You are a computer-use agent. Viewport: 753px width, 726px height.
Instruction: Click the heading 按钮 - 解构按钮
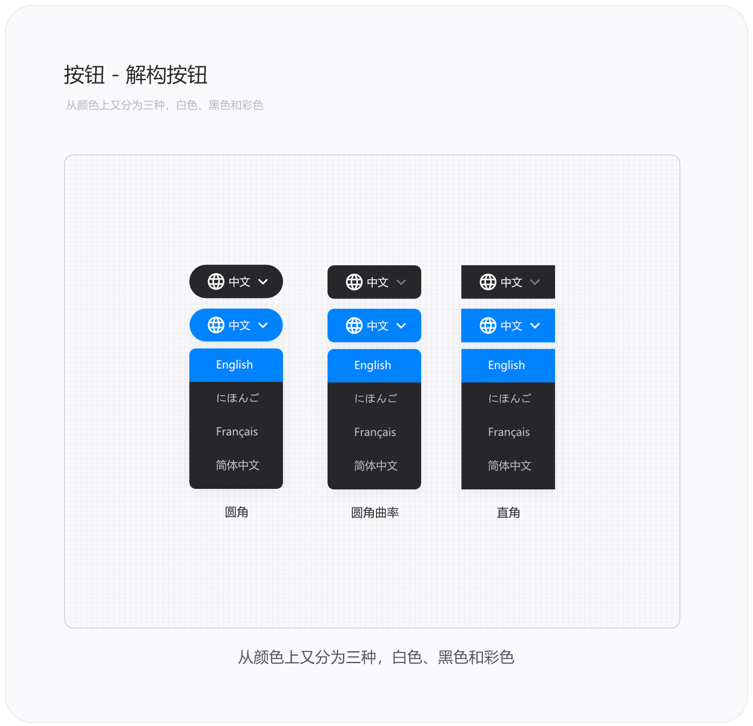(136, 75)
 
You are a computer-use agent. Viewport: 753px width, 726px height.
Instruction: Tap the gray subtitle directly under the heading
(165, 105)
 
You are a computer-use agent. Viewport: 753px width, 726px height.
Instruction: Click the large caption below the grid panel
(376, 657)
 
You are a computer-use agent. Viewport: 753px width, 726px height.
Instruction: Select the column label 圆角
(236, 512)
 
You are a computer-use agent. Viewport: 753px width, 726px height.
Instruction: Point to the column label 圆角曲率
(374, 513)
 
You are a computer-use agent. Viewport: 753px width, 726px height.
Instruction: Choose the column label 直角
(508, 513)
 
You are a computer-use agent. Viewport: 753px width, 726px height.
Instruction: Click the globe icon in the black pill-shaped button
(216, 281)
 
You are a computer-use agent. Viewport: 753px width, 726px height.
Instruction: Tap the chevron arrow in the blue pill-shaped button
(263, 325)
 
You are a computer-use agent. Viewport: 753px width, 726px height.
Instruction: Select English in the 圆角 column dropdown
(235, 365)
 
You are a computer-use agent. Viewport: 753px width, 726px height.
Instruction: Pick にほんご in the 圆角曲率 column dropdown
(375, 398)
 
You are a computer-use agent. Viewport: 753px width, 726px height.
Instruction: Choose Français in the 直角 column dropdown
(509, 432)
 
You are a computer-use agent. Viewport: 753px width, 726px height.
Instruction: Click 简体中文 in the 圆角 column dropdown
(237, 465)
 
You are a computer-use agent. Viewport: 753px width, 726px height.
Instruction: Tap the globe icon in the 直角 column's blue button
(488, 325)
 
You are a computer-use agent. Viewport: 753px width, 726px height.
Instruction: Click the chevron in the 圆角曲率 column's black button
(401, 282)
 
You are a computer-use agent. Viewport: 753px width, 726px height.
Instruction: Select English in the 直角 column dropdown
(506, 365)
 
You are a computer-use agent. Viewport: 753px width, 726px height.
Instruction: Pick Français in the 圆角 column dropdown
(237, 431)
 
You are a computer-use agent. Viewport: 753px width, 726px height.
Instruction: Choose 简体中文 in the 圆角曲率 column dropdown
(375, 466)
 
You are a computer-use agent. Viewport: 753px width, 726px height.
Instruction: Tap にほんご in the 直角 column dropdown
(509, 398)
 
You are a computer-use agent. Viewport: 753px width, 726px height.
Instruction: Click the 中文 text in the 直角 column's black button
(511, 282)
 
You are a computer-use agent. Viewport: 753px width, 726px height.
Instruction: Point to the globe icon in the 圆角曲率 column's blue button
(354, 325)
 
